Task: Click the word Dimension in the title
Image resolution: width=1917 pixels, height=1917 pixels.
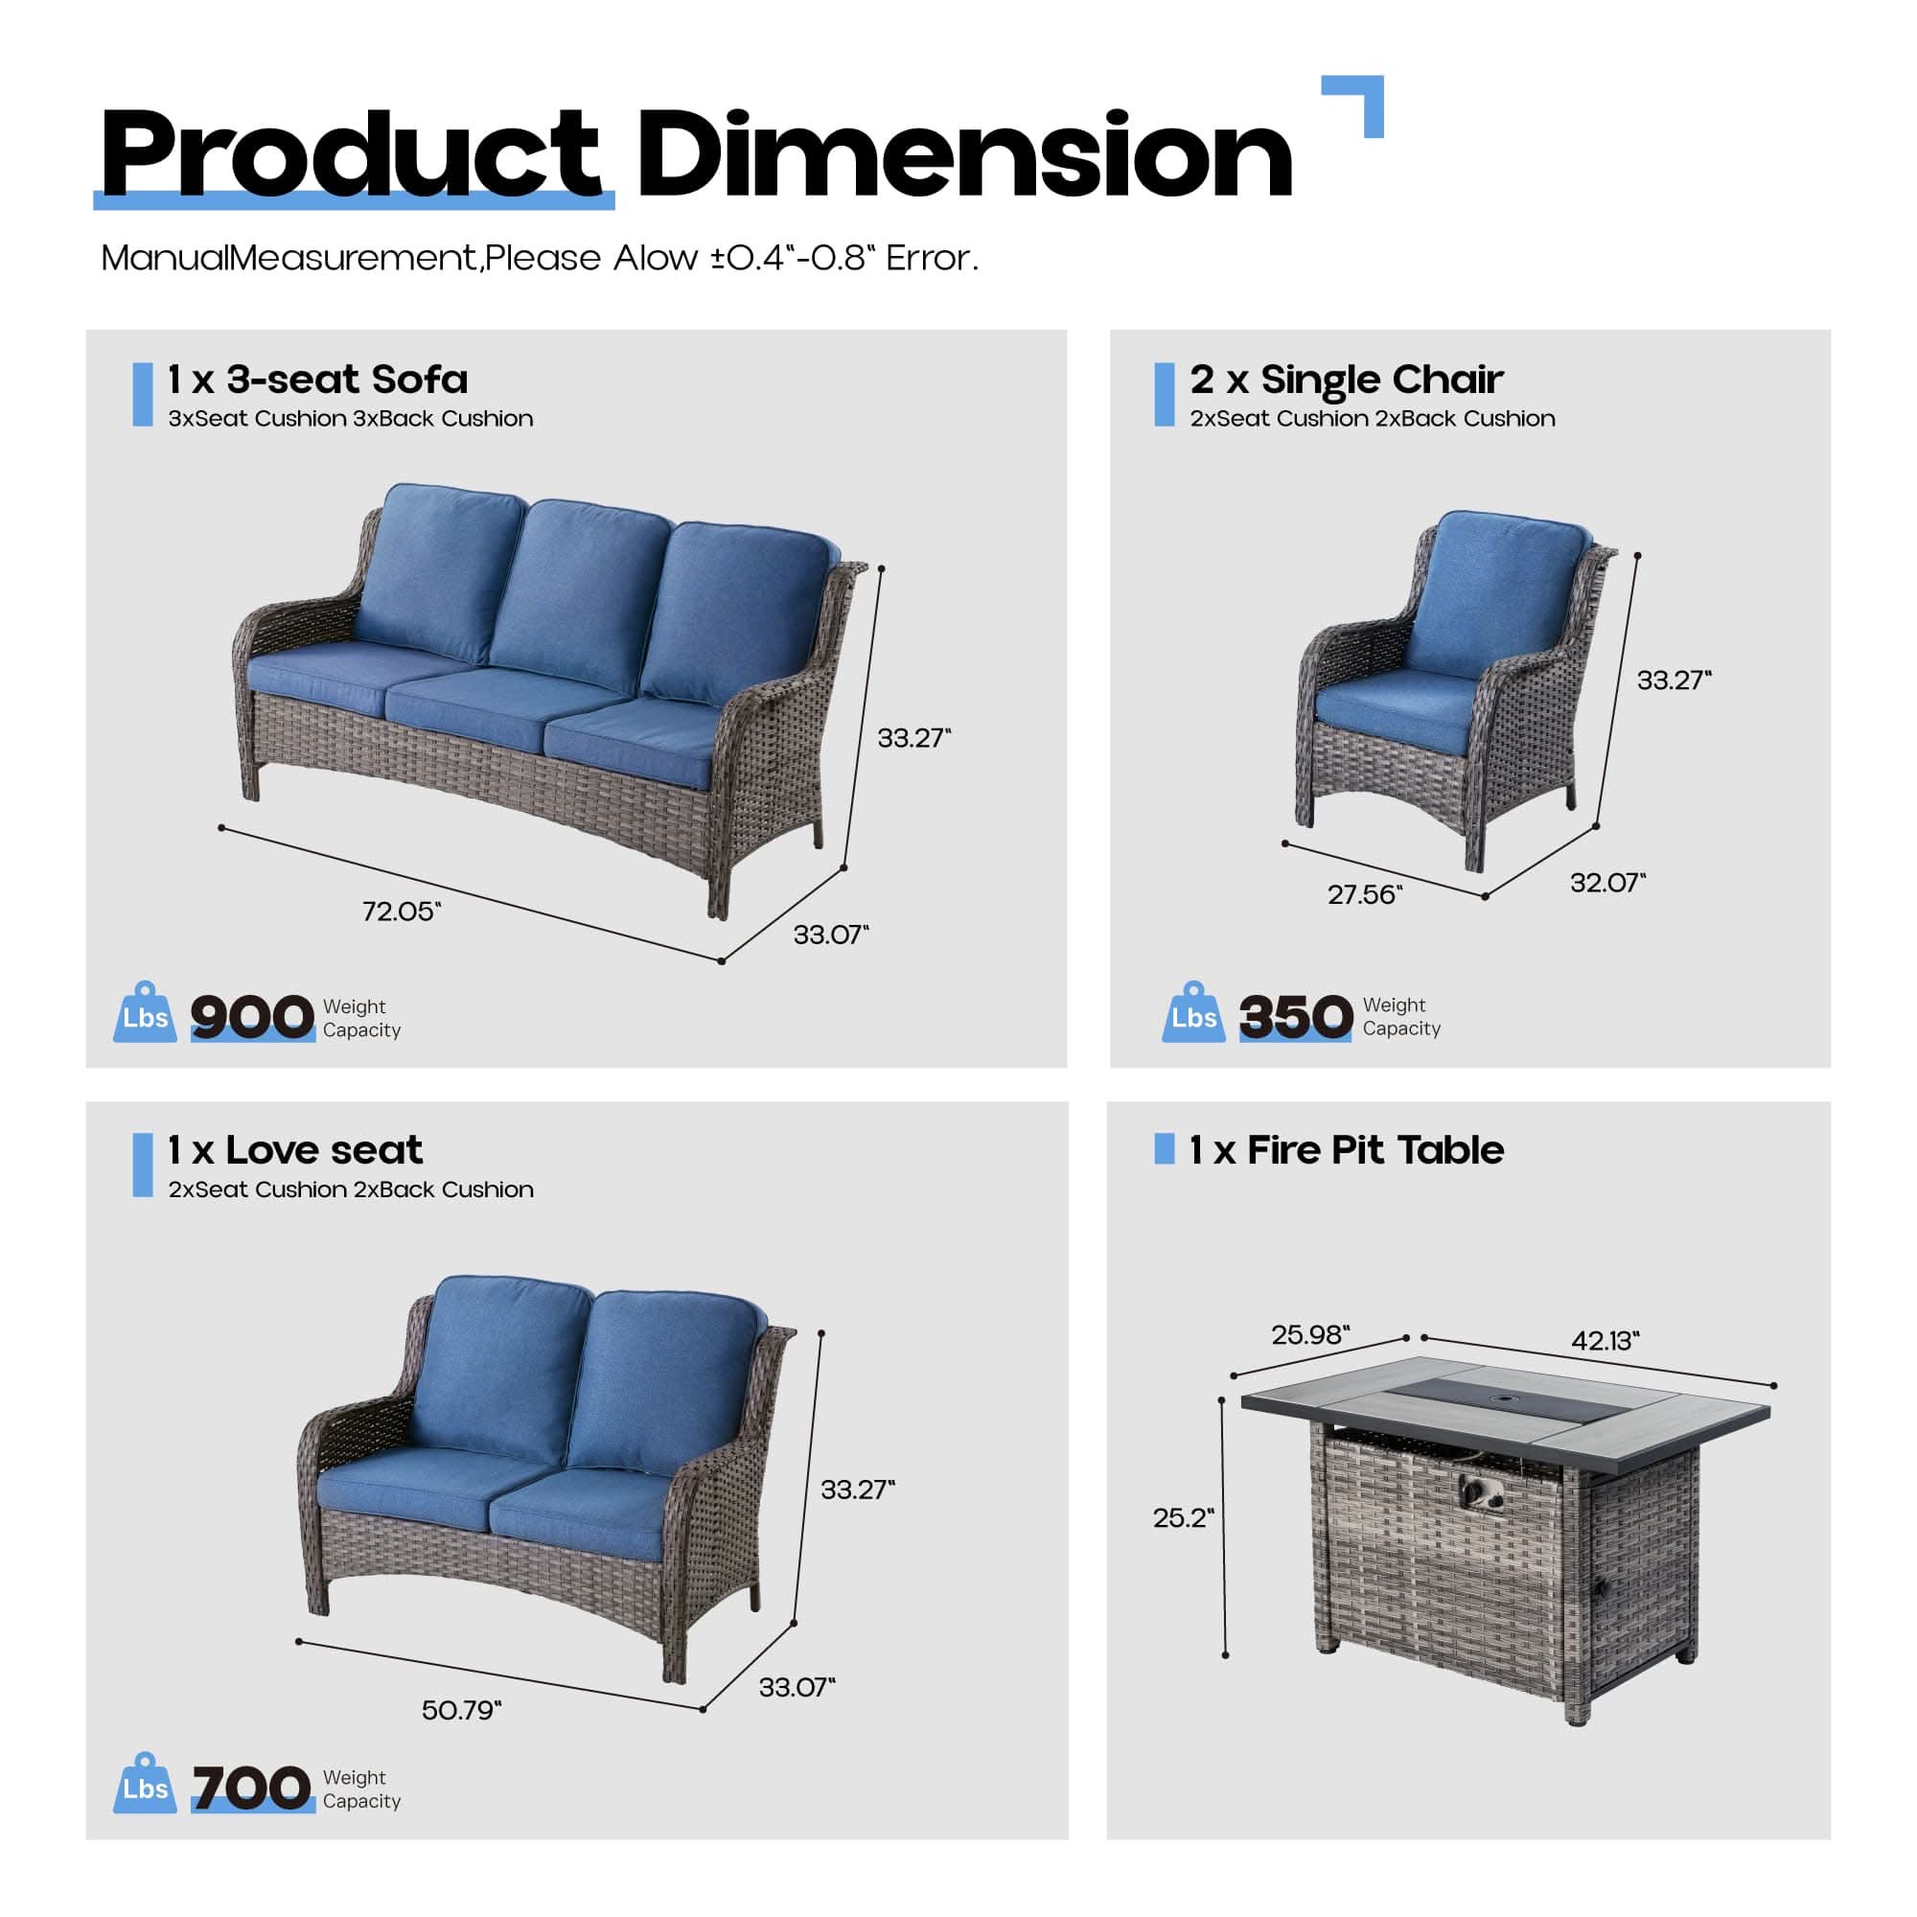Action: pos(963,156)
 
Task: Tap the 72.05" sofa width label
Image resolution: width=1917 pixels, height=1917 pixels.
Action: pos(401,911)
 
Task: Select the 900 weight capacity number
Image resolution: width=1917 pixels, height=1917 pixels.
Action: pos(251,1017)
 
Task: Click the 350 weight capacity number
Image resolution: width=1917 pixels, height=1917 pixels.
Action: pos(1295,1017)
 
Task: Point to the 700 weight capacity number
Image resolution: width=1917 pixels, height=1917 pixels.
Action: pos(251,1788)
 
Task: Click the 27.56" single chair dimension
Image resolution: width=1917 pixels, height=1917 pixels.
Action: pos(1364,895)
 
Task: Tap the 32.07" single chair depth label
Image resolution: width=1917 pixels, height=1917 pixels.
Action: pos(1607,882)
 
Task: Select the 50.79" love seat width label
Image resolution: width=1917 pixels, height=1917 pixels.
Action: pos(461,1710)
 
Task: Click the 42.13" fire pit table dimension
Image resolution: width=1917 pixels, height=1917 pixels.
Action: pos(1605,1341)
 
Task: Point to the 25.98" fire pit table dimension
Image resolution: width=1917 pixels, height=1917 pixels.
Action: pos(1310,1334)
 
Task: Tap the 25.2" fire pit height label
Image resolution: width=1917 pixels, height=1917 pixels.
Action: pos(1183,1517)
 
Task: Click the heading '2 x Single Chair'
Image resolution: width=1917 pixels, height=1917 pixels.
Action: pos(1346,379)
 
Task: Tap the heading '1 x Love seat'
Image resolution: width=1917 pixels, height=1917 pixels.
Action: pos(294,1150)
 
